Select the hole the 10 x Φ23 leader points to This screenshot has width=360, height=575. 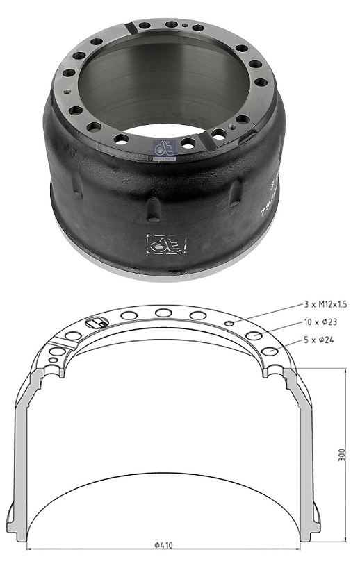click(254, 336)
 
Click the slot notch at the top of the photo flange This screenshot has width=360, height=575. click(129, 28)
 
